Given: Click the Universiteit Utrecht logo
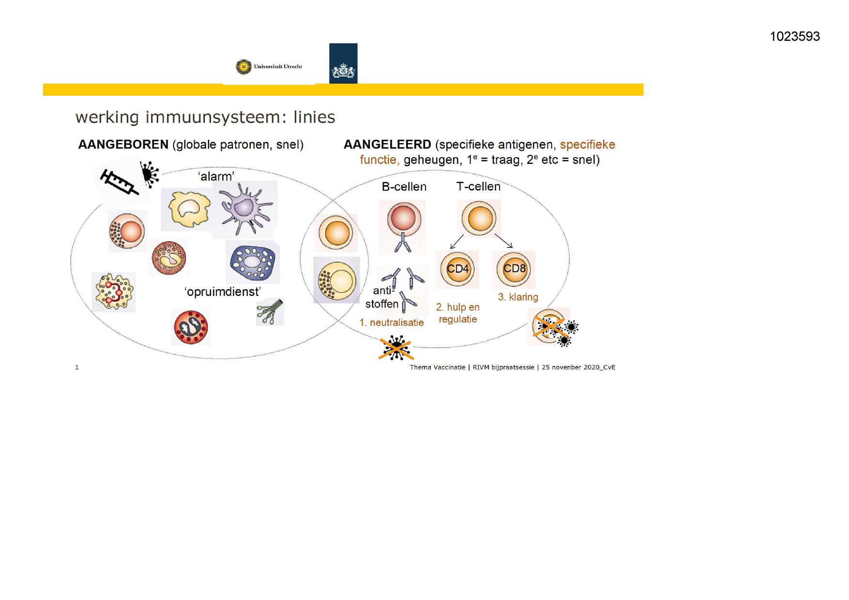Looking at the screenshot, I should tap(269, 67).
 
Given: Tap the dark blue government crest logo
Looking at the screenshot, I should tap(343, 63).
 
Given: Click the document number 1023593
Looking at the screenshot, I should tap(794, 37).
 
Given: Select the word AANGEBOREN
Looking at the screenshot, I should tap(123, 145).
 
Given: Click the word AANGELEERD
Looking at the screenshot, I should tap(387, 145).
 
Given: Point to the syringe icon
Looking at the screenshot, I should tap(119, 182).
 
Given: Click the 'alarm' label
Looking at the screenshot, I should tap(216, 176).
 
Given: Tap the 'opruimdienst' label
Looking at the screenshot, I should tap(223, 292).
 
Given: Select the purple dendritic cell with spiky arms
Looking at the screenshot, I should tap(244, 209).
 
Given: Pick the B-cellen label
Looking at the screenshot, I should tap(404, 187).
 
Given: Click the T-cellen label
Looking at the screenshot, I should tap(478, 187).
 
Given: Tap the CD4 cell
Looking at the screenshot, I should tap(457, 269).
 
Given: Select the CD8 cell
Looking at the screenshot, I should tap(514, 269).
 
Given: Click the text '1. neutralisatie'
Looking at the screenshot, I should tap(392, 322).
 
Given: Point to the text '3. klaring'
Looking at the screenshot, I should tap(518, 297).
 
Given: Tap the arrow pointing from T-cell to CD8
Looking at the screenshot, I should tap(503, 241).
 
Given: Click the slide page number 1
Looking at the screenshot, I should tap(77, 367).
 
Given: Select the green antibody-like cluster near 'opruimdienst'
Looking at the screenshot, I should tap(270, 312).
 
